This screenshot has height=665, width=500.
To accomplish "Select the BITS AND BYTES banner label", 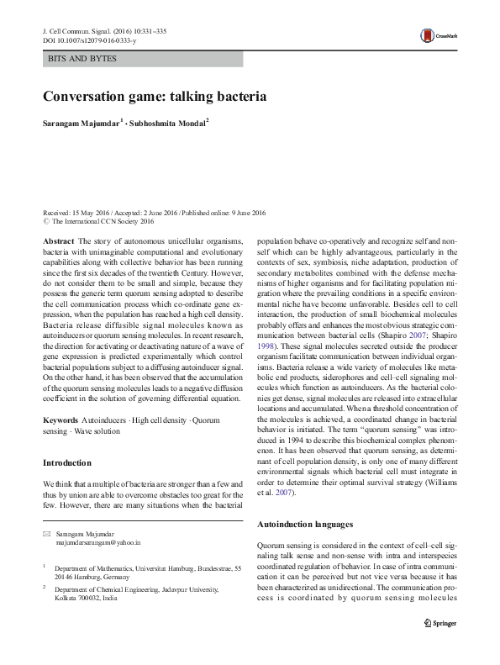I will (x=82, y=59).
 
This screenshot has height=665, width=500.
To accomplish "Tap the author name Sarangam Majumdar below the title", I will (x=81, y=124).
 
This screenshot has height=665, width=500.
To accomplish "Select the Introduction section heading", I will (x=67, y=462).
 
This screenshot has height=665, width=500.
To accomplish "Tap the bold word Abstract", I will (x=56, y=241).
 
